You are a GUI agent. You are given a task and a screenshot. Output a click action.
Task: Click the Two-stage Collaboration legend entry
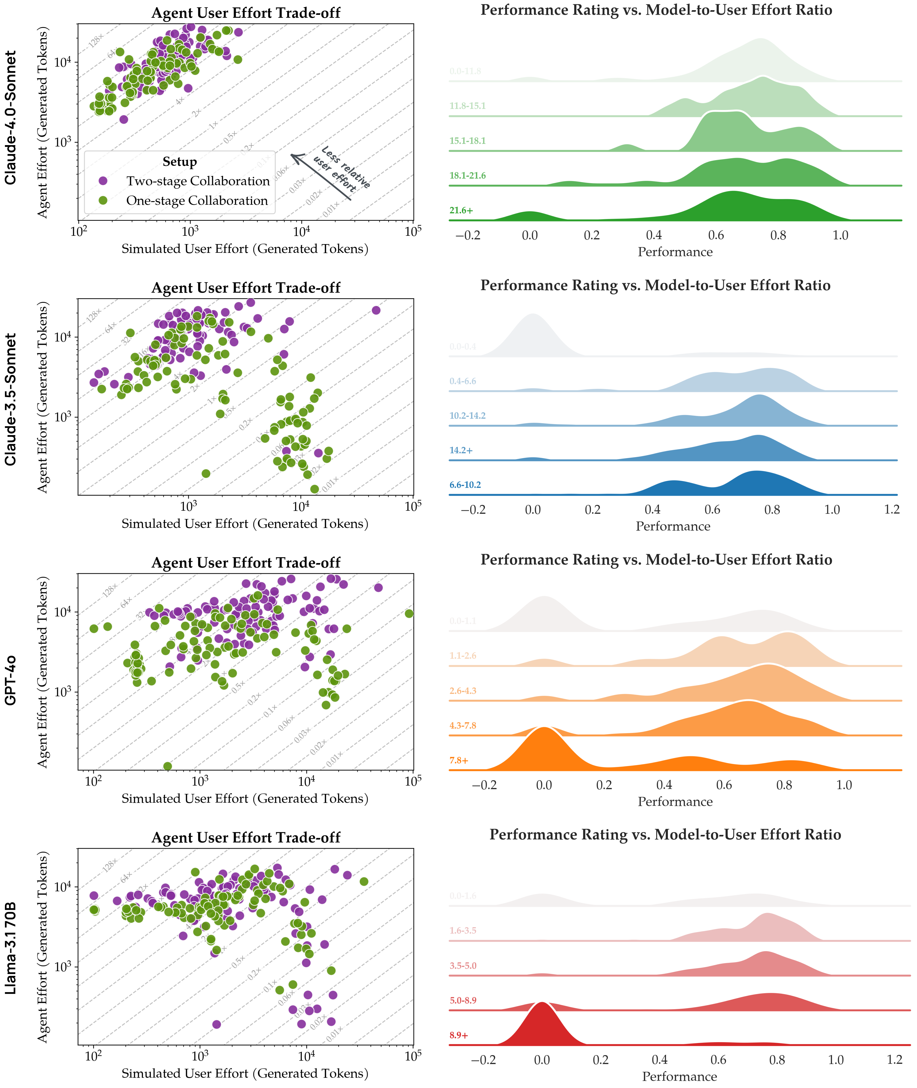[x=198, y=181]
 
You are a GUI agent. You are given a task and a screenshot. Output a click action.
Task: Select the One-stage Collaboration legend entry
[x=196, y=200]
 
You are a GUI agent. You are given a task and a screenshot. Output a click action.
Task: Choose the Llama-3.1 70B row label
[x=10, y=948]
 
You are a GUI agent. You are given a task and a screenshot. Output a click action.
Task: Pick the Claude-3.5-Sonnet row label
[x=10, y=399]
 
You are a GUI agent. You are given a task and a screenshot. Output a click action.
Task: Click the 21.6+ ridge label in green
[x=461, y=210]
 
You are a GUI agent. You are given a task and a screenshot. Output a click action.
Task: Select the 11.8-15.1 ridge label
[x=467, y=106]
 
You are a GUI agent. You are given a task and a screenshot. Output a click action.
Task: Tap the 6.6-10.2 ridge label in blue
[x=465, y=485]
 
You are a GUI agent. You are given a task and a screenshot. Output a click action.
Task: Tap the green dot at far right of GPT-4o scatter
[x=409, y=614]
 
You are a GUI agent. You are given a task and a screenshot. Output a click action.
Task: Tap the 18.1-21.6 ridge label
[x=467, y=176]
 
